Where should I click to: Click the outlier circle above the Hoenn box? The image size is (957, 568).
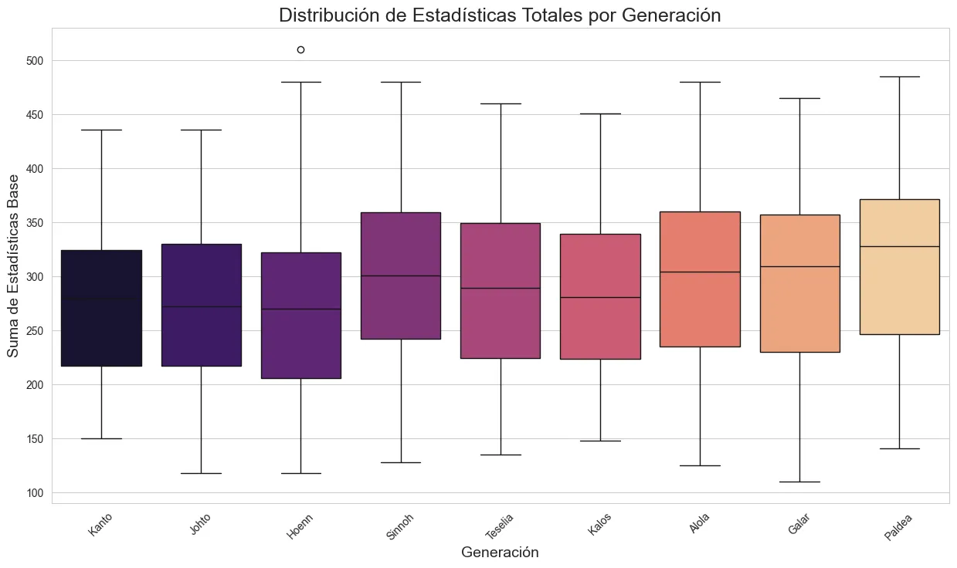point(300,49)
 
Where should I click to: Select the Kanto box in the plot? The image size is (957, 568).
point(101,308)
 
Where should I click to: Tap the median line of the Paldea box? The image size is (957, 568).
point(899,246)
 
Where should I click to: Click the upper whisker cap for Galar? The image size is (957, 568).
point(799,98)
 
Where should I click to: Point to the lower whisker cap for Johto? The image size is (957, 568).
point(201,473)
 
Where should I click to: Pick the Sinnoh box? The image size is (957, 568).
point(400,276)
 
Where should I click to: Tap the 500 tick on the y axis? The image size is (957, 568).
point(36,61)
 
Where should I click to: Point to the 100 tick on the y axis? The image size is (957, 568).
point(36,493)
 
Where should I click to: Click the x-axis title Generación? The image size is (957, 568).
point(500,553)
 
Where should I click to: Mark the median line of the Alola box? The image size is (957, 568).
point(700,272)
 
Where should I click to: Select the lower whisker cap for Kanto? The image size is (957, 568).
point(101,438)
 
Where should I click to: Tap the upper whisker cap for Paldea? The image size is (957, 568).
point(899,76)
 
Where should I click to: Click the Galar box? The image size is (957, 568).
point(799,283)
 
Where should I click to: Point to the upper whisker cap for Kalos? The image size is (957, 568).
point(600,113)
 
